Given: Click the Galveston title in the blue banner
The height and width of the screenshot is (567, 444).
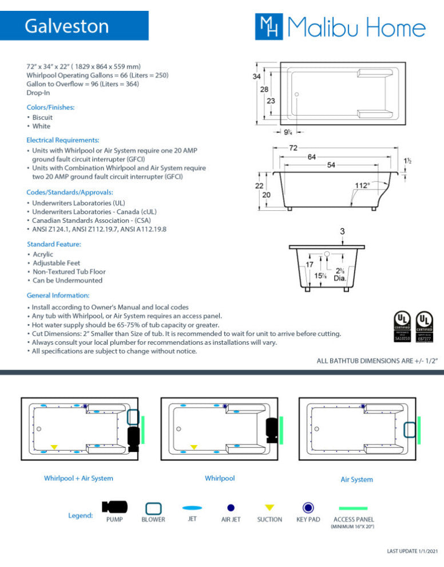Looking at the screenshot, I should coord(66,26).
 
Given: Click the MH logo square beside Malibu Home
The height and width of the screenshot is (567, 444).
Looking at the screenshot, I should coord(269,27).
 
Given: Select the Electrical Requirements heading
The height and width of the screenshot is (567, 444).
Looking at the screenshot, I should coord(63,140).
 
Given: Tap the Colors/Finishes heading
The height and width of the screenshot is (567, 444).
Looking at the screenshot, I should coord(50,107).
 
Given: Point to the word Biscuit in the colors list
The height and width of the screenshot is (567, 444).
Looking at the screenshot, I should coord(42,117).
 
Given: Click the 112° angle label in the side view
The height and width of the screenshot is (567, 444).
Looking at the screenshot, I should coord(362,185).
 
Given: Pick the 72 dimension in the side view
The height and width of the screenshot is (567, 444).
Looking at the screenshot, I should coord(293,148).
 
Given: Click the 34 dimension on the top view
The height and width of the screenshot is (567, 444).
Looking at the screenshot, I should coord(257,76).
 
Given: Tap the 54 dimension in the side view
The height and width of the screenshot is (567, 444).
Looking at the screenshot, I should coord(331,165).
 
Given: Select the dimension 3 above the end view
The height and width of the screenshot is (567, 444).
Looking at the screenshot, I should coord(342,231).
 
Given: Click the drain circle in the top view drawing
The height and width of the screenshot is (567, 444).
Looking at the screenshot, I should coord(296,93).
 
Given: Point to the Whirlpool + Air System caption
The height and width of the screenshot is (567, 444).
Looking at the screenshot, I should coord(78,478).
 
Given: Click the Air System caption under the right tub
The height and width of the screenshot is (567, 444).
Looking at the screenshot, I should coord(356,479).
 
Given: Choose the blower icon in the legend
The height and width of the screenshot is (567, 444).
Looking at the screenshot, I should coord(153,508).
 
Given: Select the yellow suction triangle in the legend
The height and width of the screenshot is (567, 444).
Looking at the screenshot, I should coord(269,507).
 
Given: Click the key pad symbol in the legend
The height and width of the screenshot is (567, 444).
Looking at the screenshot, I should coord(308,507).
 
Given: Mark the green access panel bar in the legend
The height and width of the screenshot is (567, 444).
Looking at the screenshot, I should coord(352,508).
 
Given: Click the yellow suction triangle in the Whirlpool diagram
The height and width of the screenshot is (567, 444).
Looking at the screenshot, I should coord(194,447).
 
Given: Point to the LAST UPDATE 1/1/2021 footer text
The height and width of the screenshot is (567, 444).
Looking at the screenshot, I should coord(412,551).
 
